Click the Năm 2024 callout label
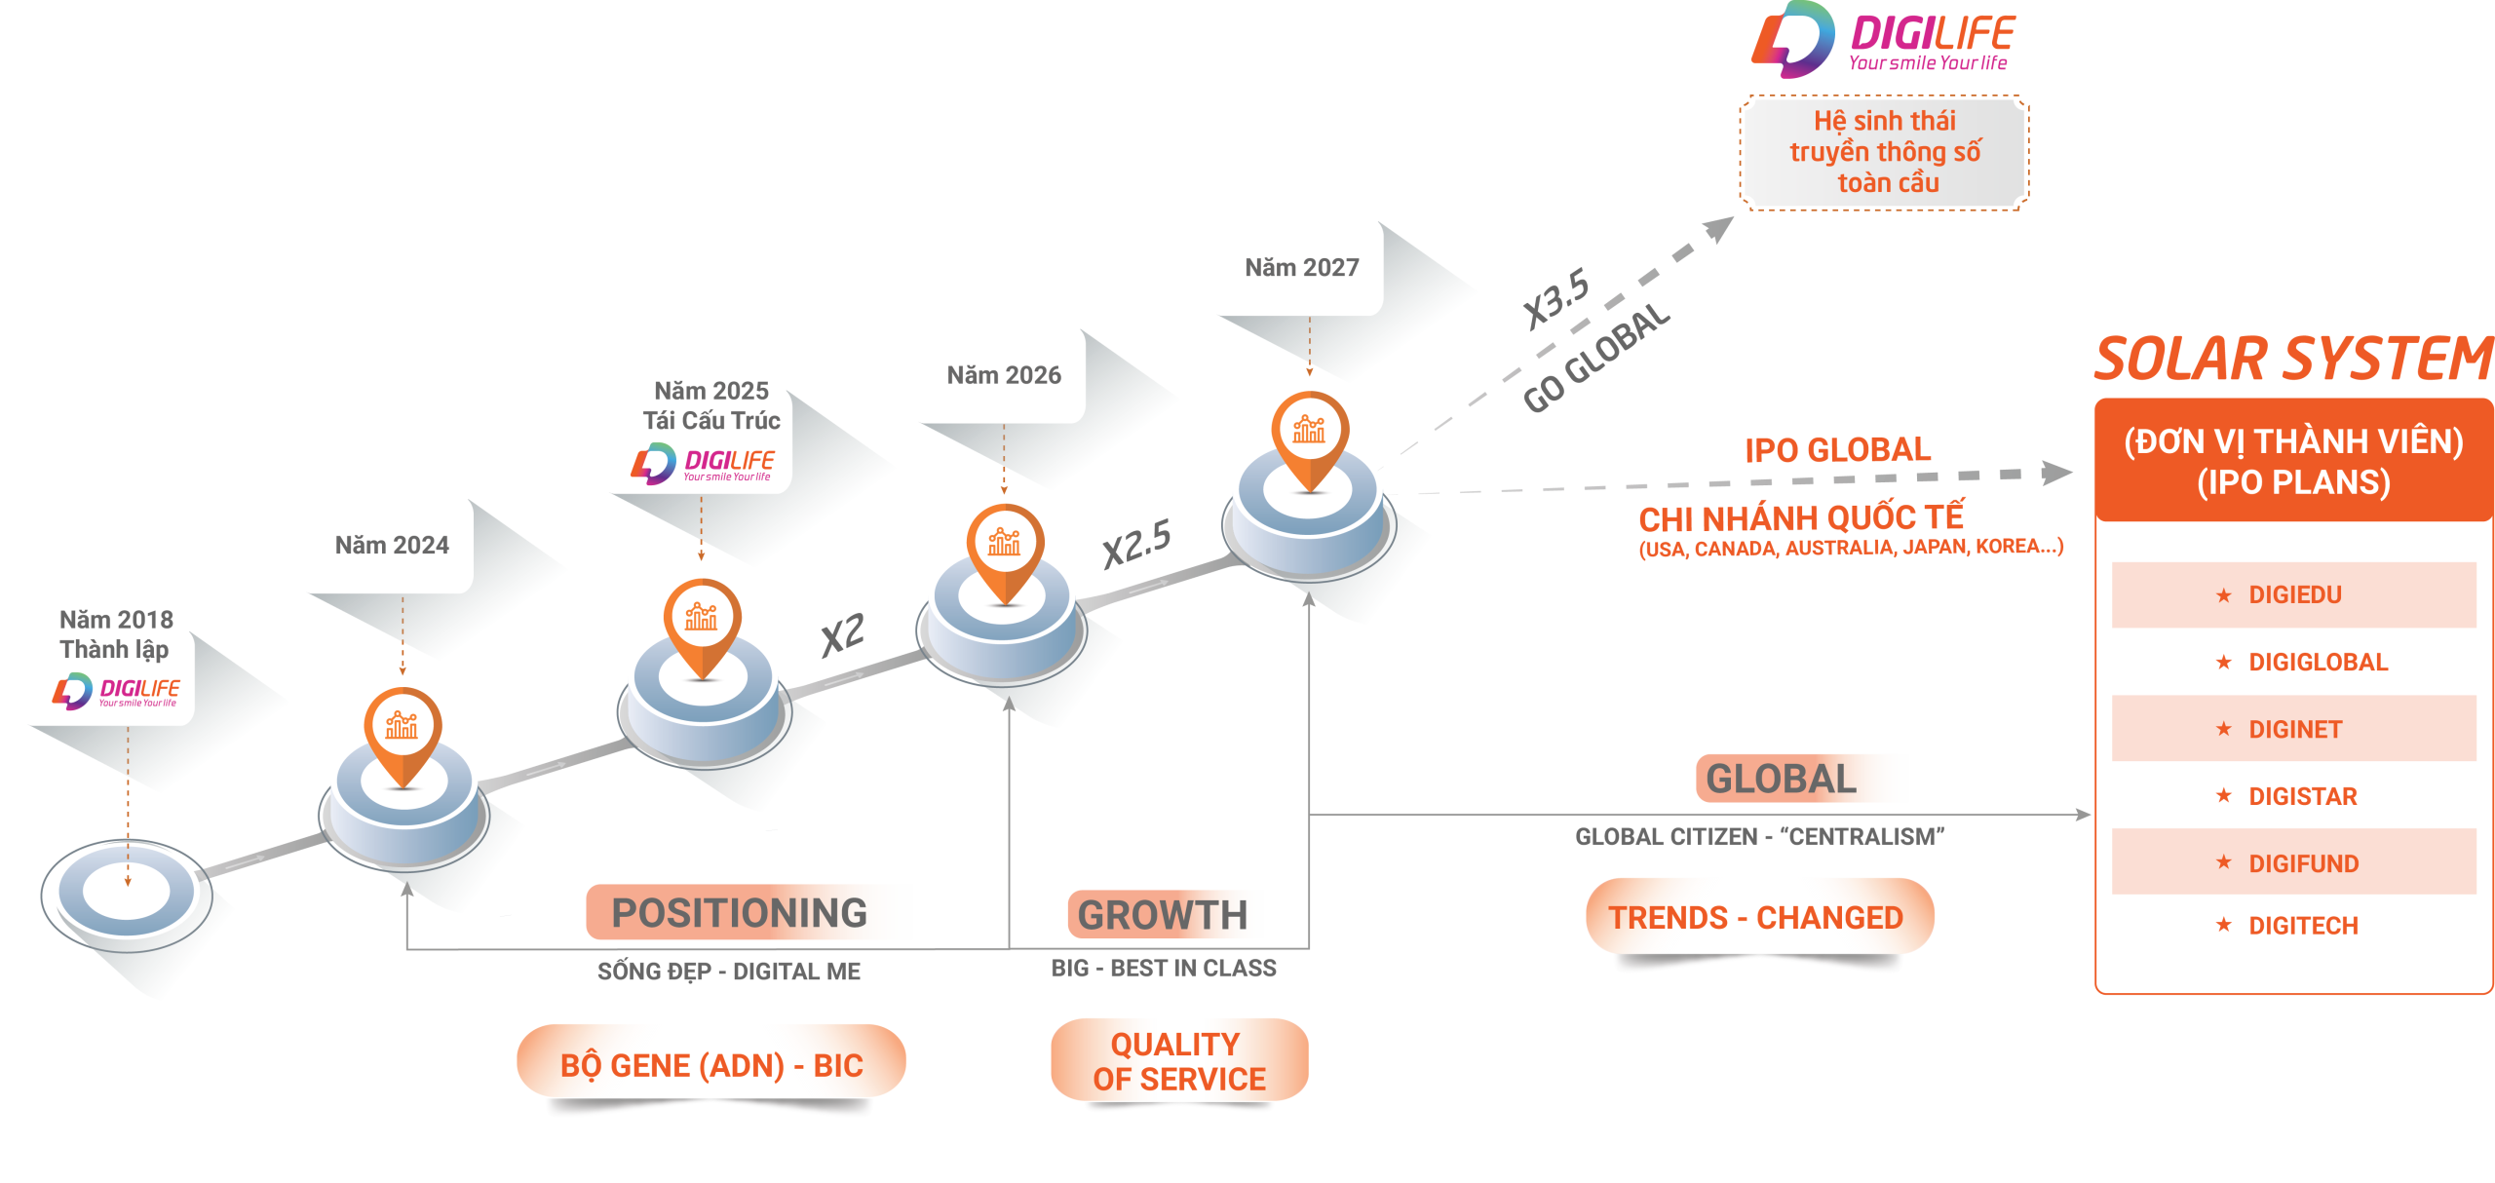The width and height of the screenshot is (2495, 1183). coord(392,545)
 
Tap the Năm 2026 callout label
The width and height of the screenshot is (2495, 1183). coord(1004,375)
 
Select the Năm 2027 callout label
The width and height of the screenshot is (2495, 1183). coord(1301,267)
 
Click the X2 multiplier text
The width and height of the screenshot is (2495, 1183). coord(842,634)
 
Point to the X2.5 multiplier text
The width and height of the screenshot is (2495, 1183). coord(1136,543)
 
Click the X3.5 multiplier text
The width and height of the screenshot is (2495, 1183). coord(1556,297)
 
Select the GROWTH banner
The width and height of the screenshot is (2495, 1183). coord(1164,915)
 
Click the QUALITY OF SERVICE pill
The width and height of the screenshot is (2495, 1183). coord(1179,1061)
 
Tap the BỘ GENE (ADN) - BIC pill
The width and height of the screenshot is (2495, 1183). coord(711,1065)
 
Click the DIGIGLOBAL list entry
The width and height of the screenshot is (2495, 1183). coord(2316,663)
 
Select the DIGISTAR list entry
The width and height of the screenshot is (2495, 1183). coord(2302,796)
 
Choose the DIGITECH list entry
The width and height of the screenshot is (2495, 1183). coord(2302,925)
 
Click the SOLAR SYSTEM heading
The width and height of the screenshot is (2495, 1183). coord(2292,359)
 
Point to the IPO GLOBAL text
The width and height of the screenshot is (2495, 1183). coord(1838,450)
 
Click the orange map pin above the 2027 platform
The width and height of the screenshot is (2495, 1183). coord(1309,435)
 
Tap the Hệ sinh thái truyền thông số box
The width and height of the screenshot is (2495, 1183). coord(1885,152)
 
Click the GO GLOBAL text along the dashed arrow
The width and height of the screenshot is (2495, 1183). coord(1596,359)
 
